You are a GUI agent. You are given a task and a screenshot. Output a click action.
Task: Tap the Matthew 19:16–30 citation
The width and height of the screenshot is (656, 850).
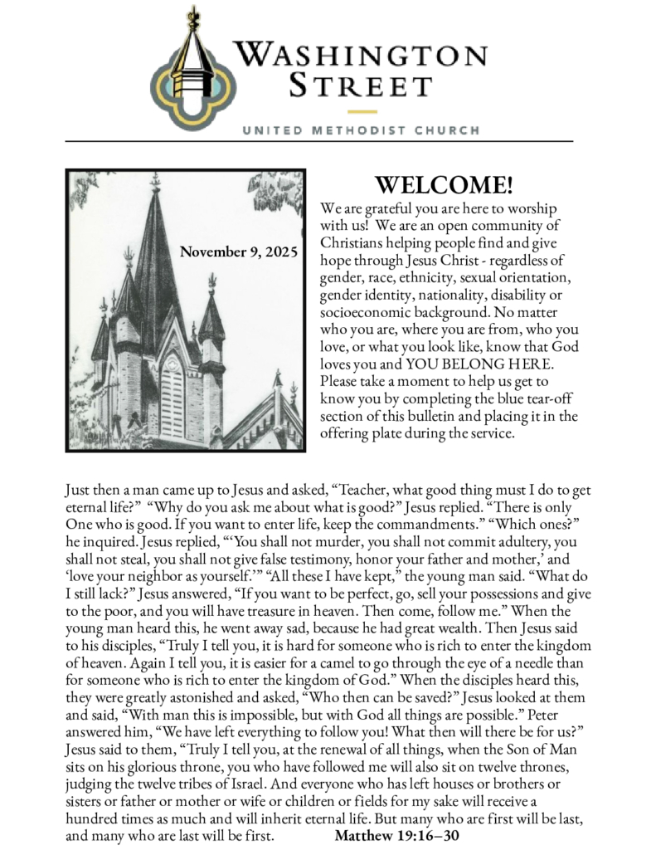click(x=397, y=835)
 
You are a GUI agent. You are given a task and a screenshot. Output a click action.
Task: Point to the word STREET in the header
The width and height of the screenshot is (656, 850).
click(x=362, y=85)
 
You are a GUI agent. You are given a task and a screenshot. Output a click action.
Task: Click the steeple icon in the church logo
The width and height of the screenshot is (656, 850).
click(x=195, y=66)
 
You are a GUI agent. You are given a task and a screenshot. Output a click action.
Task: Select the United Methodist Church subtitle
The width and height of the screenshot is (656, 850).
click(x=361, y=130)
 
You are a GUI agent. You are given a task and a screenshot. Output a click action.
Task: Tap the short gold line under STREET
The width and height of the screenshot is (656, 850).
click(x=362, y=110)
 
